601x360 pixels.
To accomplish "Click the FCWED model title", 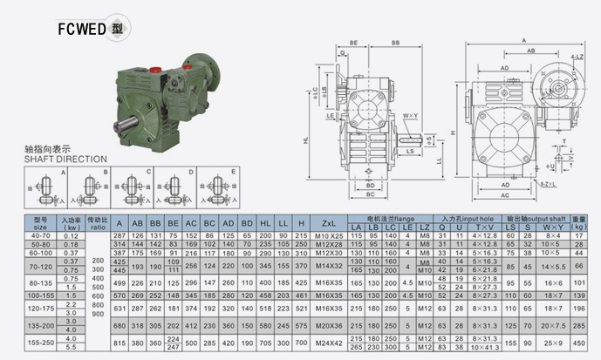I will point(92,28).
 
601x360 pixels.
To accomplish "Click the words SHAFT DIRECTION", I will point(65,160).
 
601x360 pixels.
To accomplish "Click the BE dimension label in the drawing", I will point(354,42).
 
